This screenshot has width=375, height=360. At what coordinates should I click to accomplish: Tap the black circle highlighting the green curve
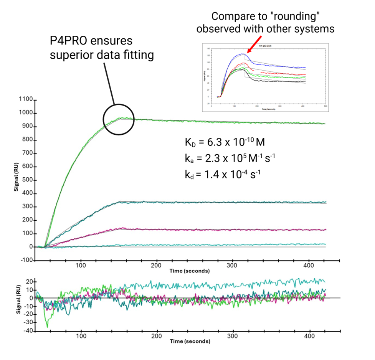click(x=119, y=119)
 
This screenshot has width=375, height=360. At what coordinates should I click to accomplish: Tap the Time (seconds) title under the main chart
click(x=190, y=271)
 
